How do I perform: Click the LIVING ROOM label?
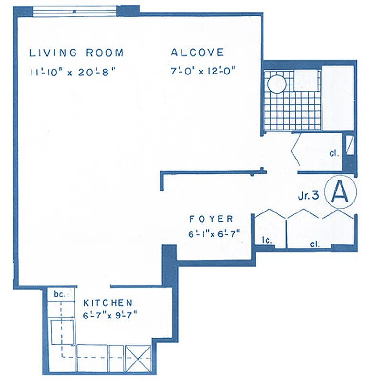[x=76, y=53]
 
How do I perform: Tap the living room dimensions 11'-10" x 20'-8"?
[x=73, y=72]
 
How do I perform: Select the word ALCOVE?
[x=197, y=53]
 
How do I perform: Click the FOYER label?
[x=211, y=219]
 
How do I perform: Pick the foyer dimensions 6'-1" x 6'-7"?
[x=214, y=233]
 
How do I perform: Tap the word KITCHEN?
[x=108, y=303]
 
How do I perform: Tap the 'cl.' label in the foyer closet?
[x=314, y=244]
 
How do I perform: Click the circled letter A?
[x=340, y=192]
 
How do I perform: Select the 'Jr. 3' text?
[x=309, y=195]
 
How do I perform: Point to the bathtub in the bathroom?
[x=338, y=97]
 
